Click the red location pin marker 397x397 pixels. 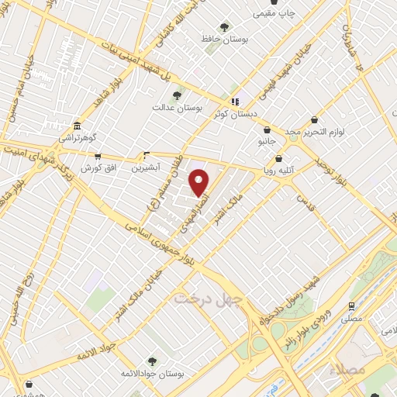(x=199, y=182)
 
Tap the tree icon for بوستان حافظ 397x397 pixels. (x=225, y=27)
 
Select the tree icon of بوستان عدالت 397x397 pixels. (x=178, y=95)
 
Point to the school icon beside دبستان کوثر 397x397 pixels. (x=233, y=102)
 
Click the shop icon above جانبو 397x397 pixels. (x=268, y=129)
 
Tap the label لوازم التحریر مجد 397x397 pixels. (x=315, y=133)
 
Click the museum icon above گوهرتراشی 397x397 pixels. (x=77, y=126)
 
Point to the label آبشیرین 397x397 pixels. (x=144, y=167)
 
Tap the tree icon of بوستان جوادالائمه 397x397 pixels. (x=151, y=361)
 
